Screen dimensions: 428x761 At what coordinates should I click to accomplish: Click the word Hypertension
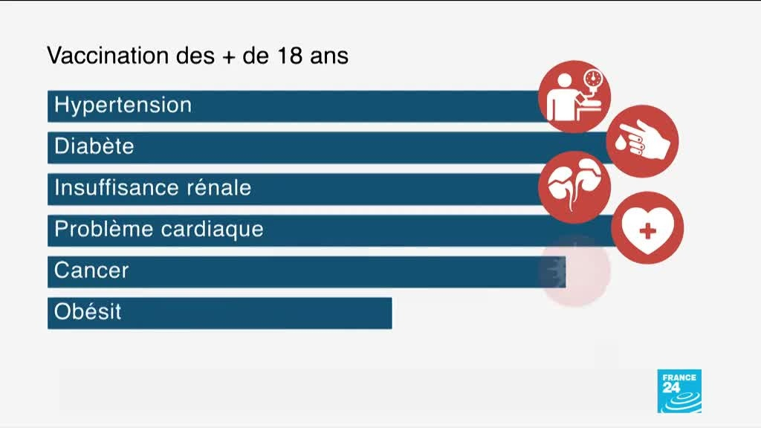123,105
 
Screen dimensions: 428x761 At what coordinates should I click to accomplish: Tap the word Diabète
94,146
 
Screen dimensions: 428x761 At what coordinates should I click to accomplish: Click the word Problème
100,229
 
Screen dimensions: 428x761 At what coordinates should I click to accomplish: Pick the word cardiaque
216,229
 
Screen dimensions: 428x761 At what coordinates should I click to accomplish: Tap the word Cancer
91,270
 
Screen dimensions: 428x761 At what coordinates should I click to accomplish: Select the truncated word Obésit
88,311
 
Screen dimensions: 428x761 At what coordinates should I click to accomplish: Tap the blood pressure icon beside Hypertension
574,97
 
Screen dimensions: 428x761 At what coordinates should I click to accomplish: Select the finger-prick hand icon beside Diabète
642,140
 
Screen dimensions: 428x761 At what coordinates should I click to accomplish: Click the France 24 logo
679,391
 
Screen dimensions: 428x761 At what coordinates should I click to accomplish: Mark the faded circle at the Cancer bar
574,271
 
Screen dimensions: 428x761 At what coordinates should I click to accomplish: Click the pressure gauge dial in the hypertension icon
592,79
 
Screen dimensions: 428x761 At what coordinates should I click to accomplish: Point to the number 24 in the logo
671,386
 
